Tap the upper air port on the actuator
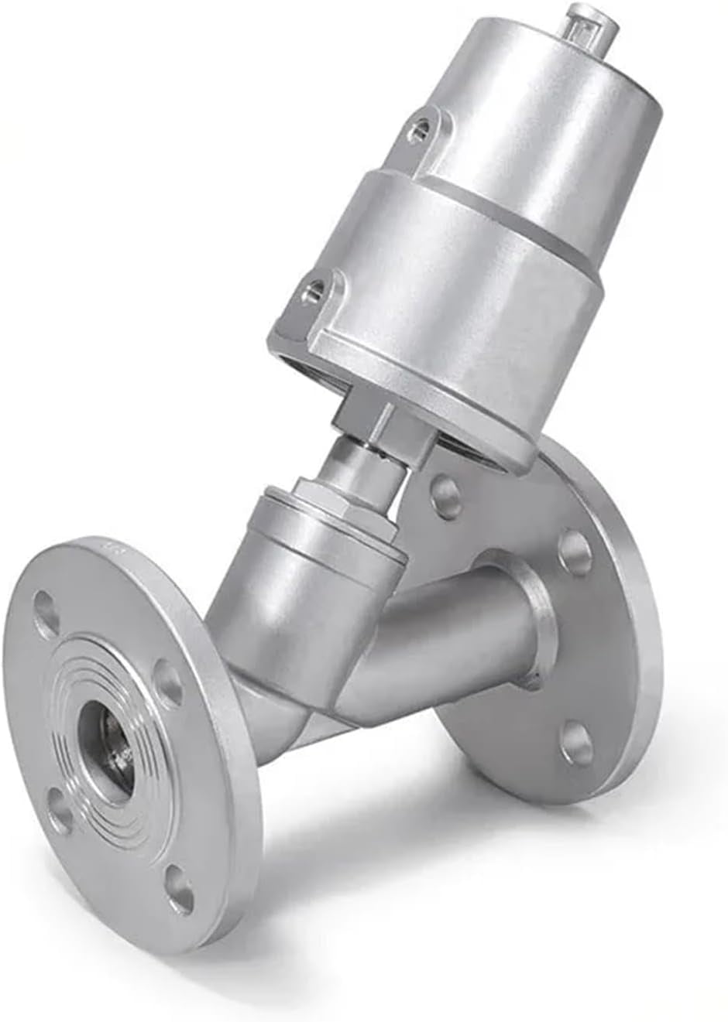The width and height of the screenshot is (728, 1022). [x=423, y=124]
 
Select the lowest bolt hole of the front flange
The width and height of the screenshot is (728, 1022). [x=179, y=879]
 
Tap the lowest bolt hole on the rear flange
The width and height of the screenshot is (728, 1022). [x=576, y=739]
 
